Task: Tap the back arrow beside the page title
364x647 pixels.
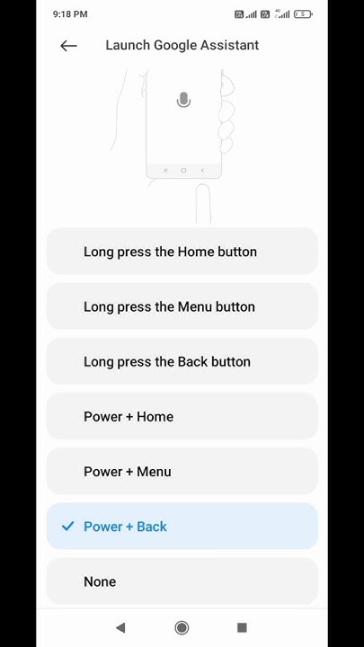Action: [x=68, y=46]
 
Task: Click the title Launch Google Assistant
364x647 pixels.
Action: [x=182, y=45]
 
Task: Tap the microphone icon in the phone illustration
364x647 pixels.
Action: [x=183, y=100]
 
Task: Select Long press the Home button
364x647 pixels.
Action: [x=182, y=252]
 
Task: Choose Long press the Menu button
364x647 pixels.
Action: [x=182, y=306]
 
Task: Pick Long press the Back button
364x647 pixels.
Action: [x=182, y=361]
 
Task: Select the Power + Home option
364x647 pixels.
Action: [x=182, y=416]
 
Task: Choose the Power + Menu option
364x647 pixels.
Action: [x=182, y=471]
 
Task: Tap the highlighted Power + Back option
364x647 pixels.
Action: [x=182, y=527]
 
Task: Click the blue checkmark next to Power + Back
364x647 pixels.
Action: [x=67, y=527]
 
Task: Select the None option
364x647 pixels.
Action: [x=182, y=581]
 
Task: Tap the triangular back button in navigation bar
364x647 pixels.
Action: [x=120, y=627]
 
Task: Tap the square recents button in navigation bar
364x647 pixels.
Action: [x=242, y=627]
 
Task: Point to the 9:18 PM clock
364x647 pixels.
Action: [x=70, y=14]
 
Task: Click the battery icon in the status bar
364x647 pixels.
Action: [x=303, y=14]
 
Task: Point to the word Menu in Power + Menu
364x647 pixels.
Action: [x=153, y=471]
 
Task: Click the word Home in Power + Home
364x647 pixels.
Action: [x=155, y=416]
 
